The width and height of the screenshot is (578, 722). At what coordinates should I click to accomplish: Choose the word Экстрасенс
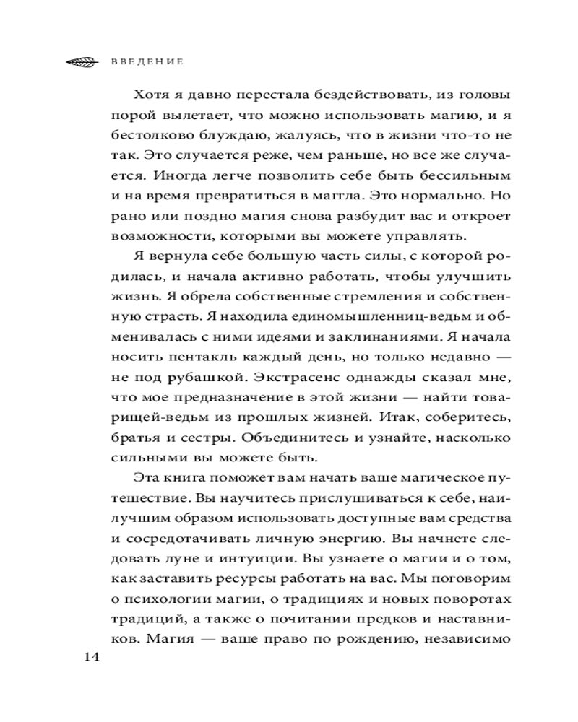pyautogui.click(x=278, y=378)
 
